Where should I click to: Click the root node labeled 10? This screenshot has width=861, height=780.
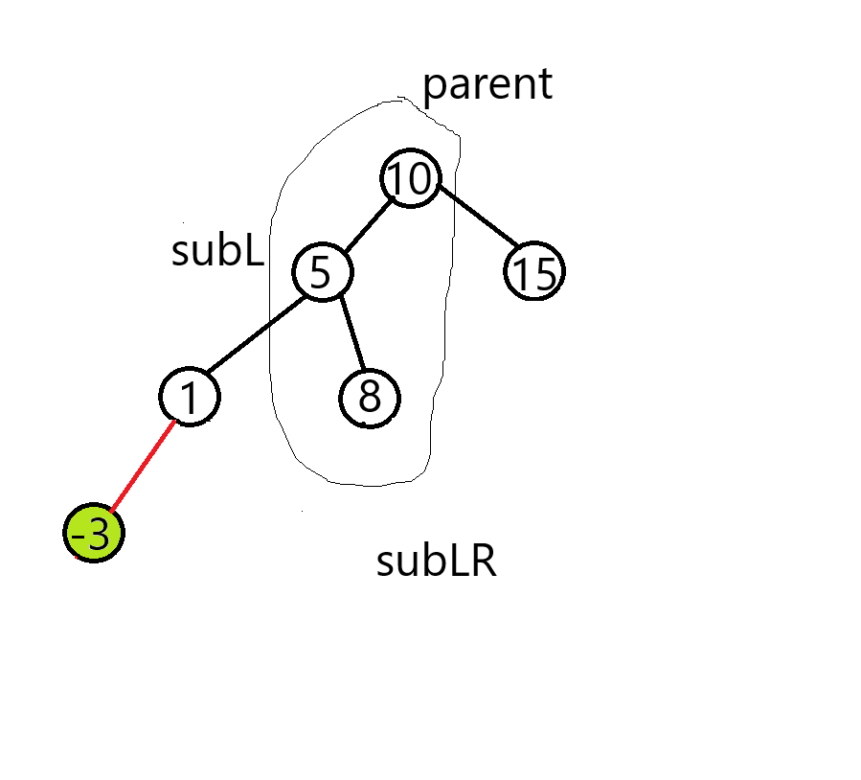click(x=414, y=179)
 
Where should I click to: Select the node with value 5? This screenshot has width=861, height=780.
click(x=324, y=272)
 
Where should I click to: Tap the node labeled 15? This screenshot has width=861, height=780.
click(x=536, y=273)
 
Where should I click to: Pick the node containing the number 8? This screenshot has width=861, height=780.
click(x=372, y=398)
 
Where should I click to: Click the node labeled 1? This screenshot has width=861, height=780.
click(x=195, y=398)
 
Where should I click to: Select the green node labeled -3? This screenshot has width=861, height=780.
click(x=94, y=534)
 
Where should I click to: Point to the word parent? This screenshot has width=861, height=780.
click(x=487, y=86)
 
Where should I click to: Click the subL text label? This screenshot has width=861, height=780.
click(x=217, y=251)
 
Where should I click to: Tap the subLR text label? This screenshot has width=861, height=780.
click(x=437, y=562)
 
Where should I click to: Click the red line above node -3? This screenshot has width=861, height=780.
click(x=144, y=467)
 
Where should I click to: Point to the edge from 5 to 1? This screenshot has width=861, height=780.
click(x=259, y=335)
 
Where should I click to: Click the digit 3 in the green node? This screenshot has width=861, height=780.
click(x=100, y=534)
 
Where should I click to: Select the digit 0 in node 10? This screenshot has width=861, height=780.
click(x=423, y=179)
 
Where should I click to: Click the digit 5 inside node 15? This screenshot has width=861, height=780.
click(x=545, y=274)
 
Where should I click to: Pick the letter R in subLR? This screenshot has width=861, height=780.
click(x=485, y=562)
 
